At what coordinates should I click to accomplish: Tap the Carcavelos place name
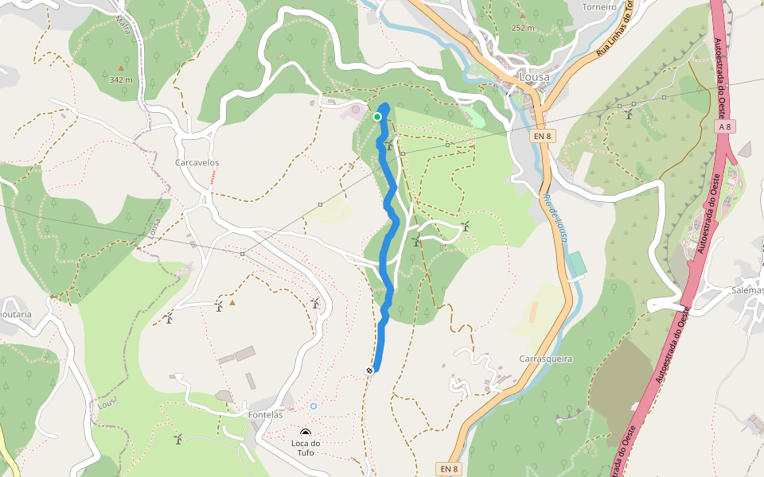197,162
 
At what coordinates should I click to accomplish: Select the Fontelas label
264,414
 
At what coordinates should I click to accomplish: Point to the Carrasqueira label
546,359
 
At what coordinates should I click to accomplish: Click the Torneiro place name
599,7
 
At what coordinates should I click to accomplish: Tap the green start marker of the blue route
377,117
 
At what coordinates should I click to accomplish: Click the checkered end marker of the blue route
370,370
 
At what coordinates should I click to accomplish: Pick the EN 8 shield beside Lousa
542,137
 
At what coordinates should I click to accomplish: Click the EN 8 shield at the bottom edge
449,468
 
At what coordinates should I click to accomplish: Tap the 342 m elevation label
121,79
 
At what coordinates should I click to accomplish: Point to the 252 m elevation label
523,28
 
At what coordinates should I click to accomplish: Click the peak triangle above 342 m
121,68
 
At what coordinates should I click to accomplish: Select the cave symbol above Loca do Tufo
306,432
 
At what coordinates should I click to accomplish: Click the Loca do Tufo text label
306,448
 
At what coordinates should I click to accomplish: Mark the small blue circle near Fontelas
314,406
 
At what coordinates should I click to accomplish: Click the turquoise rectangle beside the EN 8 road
577,265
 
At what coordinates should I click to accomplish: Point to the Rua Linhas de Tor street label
614,31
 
